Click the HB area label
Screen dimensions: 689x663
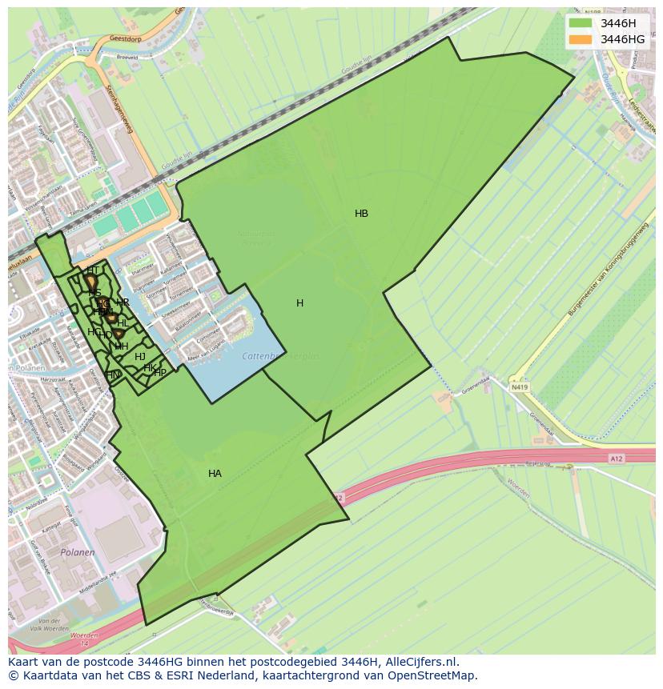[361, 214]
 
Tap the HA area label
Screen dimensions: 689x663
[215, 474]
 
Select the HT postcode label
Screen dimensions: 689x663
[93, 270]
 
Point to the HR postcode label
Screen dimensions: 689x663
[123, 302]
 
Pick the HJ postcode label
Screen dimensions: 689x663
[140, 357]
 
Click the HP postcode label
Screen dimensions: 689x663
[160, 373]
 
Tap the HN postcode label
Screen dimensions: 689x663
[113, 375]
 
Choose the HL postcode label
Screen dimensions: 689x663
[123, 323]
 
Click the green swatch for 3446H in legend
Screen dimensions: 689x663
[581, 23]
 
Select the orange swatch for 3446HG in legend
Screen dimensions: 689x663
[581, 39]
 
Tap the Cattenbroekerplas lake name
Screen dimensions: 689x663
[280, 356]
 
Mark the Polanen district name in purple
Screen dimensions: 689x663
[78, 552]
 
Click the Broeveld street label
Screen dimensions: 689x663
[127, 57]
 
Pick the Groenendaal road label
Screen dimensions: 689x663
[542, 422]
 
